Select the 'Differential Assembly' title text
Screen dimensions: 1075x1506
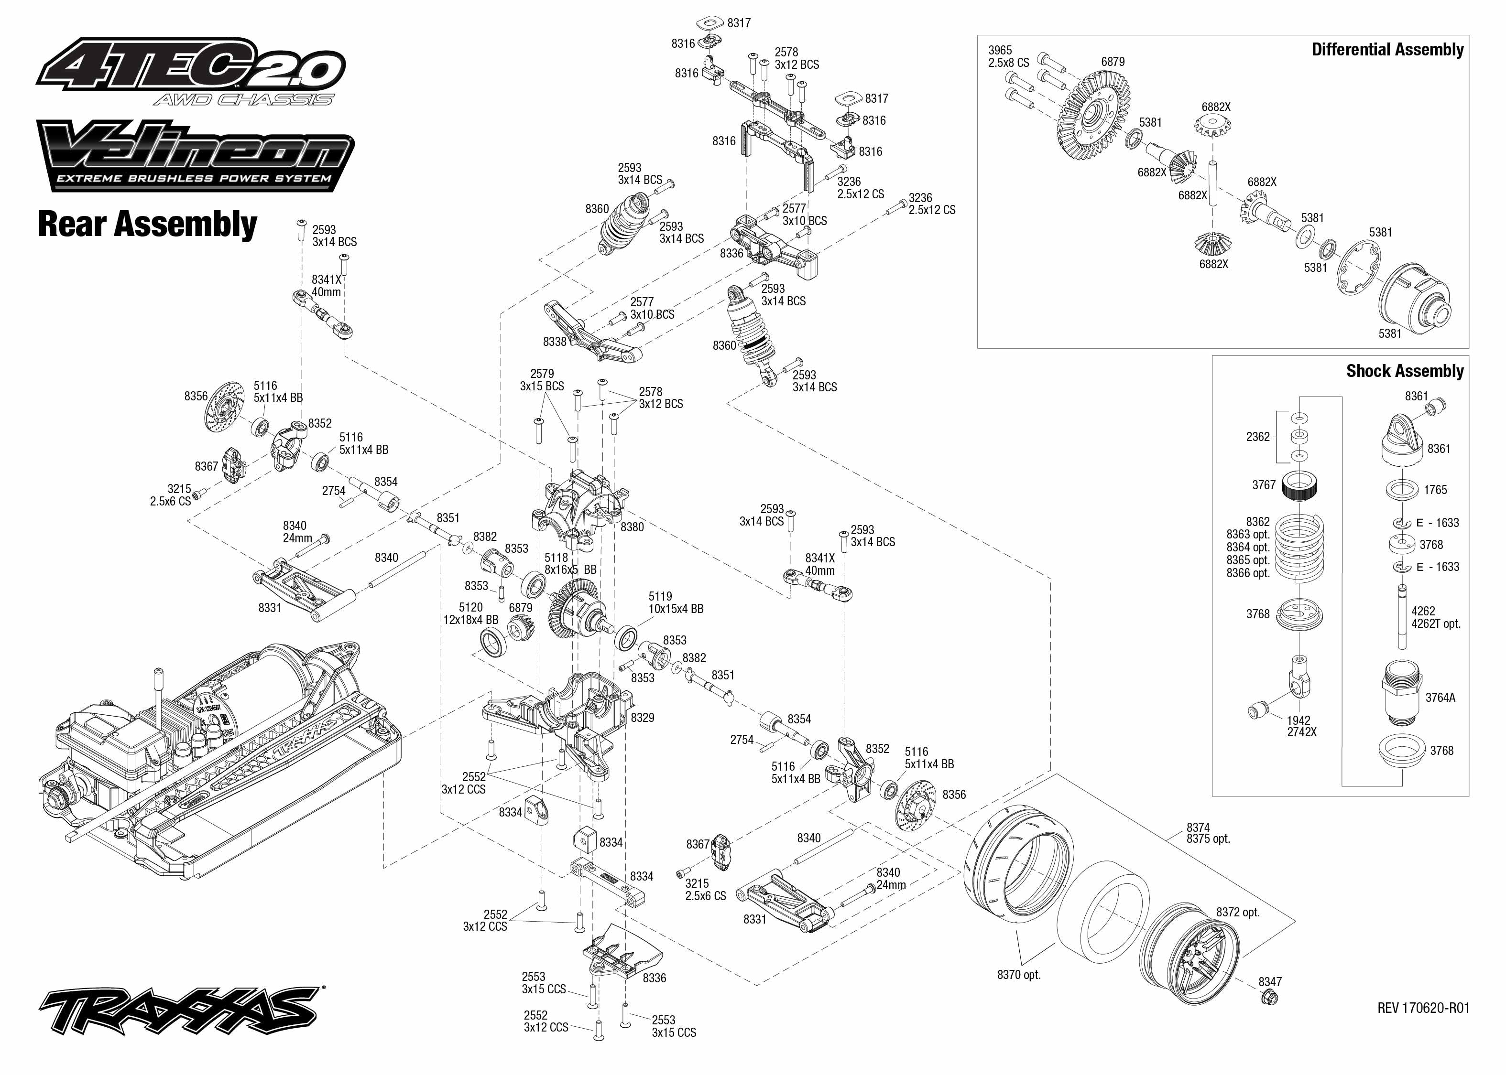(x=1387, y=50)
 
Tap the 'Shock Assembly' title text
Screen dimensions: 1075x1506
(x=1404, y=371)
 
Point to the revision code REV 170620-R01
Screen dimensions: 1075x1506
(x=1422, y=1008)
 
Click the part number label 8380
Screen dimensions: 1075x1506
(x=632, y=527)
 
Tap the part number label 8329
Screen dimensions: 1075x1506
(x=642, y=718)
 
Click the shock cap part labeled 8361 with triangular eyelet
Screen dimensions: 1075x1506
(x=1411, y=440)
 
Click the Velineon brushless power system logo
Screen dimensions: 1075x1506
(x=196, y=156)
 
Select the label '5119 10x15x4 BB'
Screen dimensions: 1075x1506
(x=675, y=602)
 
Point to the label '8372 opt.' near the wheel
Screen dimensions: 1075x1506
(x=1237, y=912)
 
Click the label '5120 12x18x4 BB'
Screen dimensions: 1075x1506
(x=470, y=613)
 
